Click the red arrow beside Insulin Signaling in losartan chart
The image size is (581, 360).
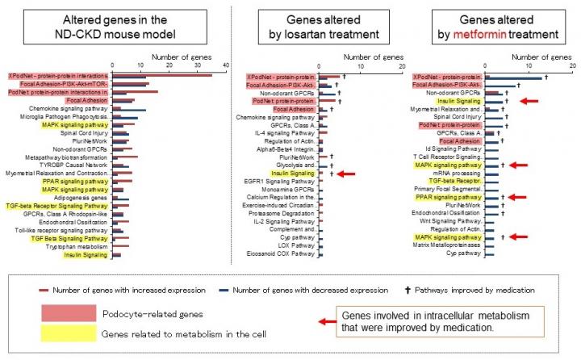pyautogui.click(x=346, y=173)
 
